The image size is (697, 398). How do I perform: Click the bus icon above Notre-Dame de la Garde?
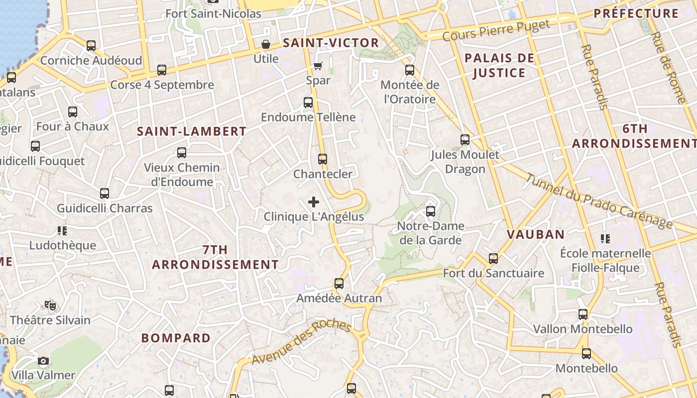point(431,211)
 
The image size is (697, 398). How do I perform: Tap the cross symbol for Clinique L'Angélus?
point(314,202)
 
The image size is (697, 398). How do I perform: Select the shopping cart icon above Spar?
point(318,66)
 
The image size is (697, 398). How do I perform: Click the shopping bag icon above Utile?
point(266,44)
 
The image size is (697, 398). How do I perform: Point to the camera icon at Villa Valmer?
point(43,361)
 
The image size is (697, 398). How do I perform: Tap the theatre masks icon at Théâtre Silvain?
point(50,305)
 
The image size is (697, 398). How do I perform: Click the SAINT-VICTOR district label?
point(331,43)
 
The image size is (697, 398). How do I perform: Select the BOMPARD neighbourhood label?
point(176,338)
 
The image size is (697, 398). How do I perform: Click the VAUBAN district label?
point(536,234)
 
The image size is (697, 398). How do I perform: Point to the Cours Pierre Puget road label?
point(496,30)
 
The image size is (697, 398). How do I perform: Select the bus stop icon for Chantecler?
point(323,159)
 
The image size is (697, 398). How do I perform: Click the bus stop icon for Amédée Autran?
point(339,284)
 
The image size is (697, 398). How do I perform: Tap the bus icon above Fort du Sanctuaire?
point(493,259)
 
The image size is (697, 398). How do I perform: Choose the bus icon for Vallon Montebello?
point(583,314)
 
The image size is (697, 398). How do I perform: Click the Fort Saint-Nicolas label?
point(213,13)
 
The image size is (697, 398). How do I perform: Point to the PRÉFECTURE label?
point(636,13)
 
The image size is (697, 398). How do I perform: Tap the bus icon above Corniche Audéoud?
point(91,46)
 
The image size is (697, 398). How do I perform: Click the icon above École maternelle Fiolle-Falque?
point(605,239)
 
